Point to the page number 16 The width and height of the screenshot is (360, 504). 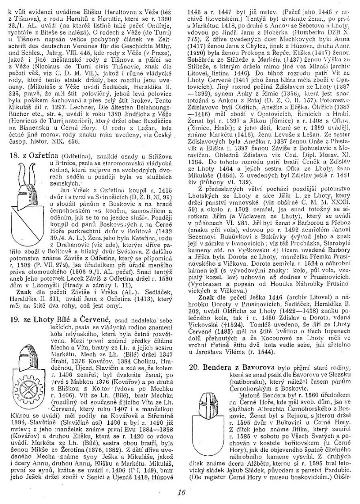pos(182,492)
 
